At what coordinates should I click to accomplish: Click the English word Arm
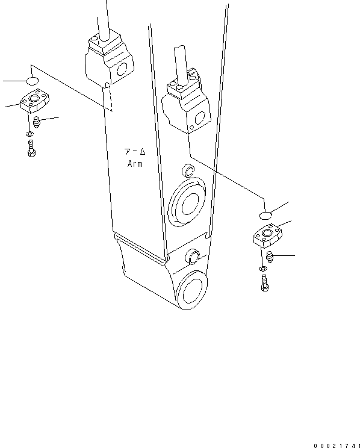click(x=135, y=164)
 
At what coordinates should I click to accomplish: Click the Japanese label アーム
click(x=135, y=152)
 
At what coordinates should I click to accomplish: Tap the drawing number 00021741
click(x=335, y=445)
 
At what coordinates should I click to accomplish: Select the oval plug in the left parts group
click(x=33, y=80)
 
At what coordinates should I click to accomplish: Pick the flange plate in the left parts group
click(x=34, y=103)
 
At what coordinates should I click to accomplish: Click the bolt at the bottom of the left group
click(x=31, y=148)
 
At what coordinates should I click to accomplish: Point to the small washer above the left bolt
click(x=29, y=133)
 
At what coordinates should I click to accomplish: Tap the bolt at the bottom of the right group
click(x=264, y=282)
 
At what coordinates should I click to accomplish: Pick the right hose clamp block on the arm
click(x=186, y=104)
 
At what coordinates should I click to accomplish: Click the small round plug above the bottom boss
click(x=193, y=255)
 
